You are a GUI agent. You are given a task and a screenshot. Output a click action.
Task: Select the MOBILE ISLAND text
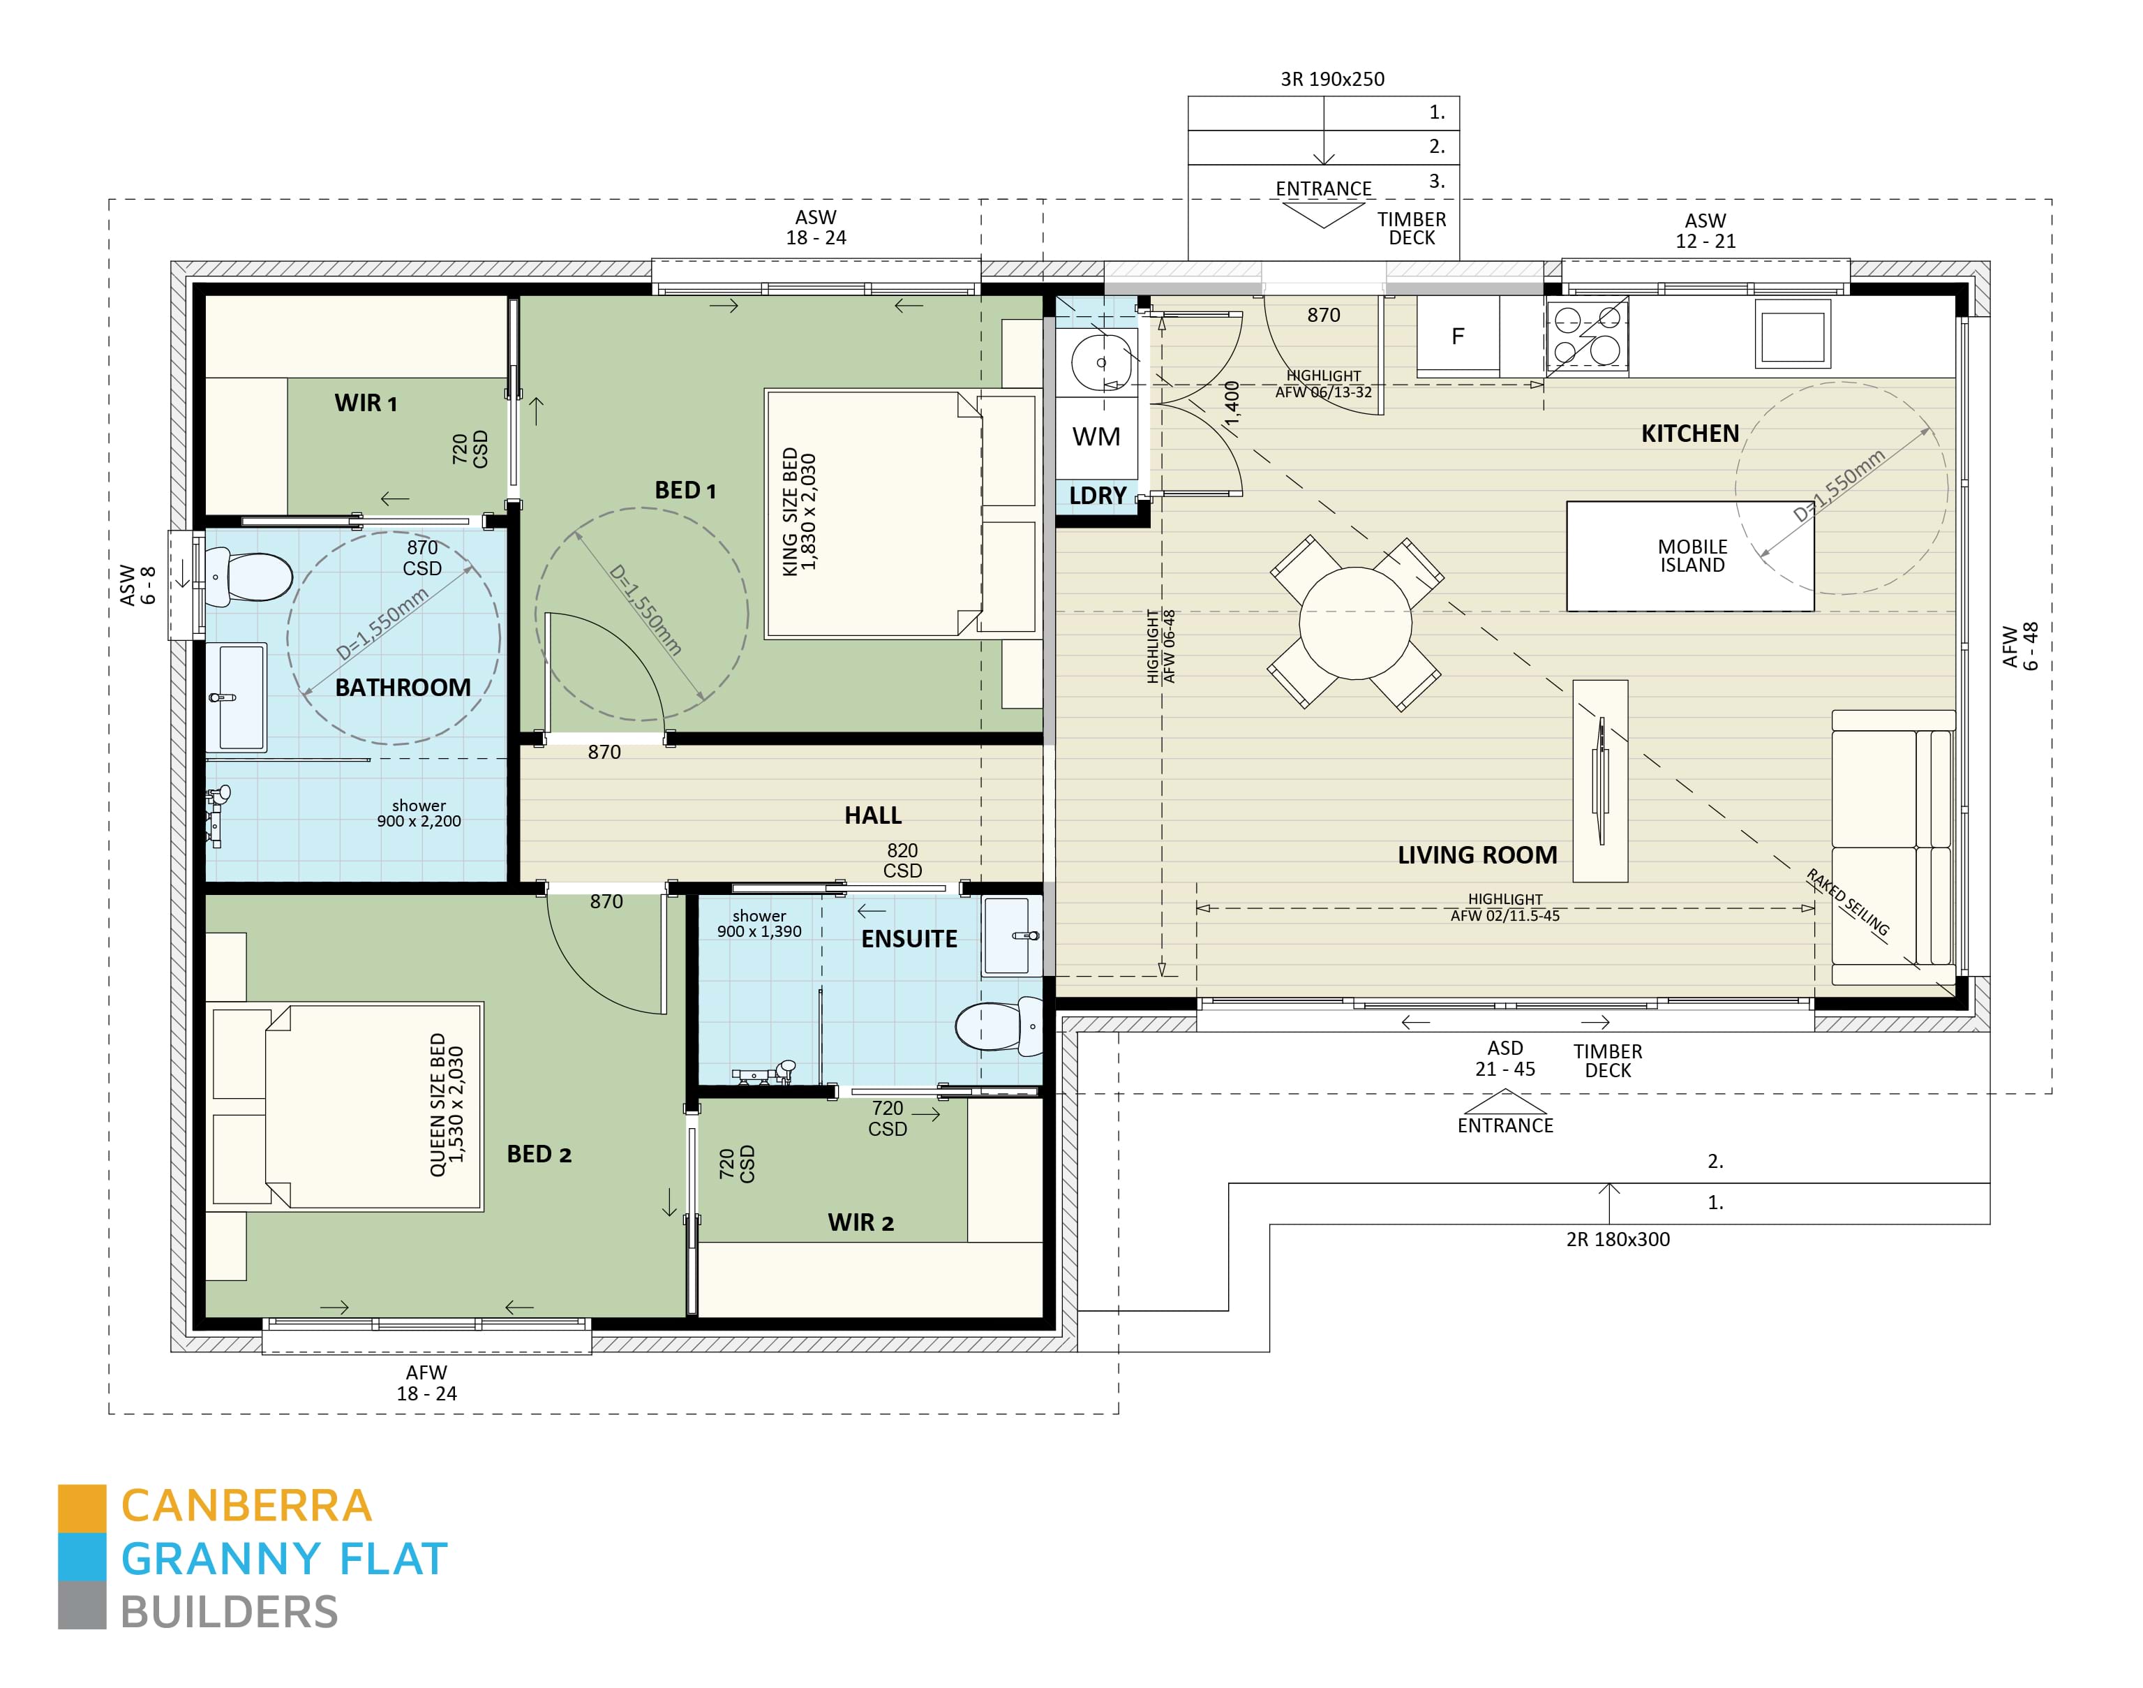pos(1692,556)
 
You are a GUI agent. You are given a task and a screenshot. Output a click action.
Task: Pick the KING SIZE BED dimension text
pos(798,512)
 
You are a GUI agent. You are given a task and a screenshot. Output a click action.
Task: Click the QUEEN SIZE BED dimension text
pos(446,1105)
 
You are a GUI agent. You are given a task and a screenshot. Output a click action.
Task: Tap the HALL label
pos(872,815)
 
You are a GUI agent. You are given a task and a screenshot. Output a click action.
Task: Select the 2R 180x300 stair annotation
pos(1618,1239)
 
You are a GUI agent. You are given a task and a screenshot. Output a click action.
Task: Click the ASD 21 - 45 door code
pos(1504,1058)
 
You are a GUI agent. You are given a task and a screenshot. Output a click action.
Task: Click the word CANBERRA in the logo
pos(246,1507)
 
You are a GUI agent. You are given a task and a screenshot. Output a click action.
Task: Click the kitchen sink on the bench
pos(1792,335)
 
